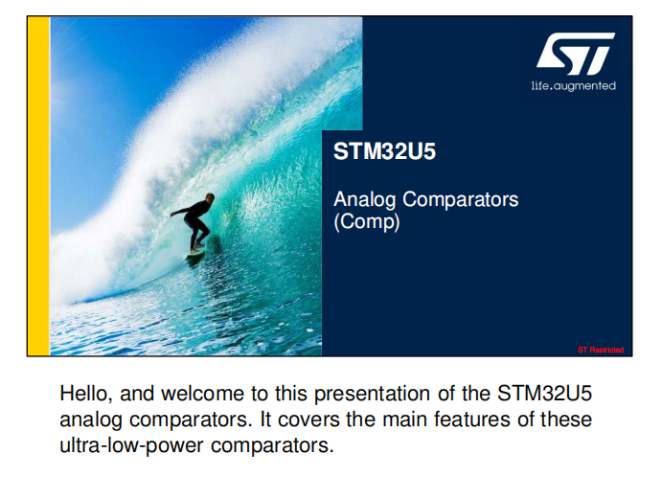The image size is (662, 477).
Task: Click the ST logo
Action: [576, 54]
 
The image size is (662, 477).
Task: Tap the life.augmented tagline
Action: [573, 86]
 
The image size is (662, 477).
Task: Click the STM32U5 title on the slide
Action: [384, 151]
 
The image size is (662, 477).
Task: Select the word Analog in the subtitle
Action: [364, 200]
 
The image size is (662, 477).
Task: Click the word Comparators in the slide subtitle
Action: [460, 199]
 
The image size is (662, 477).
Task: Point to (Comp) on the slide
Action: [367, 221]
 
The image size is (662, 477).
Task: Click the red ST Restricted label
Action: [601, 350]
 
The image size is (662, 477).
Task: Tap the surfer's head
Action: [210, 197]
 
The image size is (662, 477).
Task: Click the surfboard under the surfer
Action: [195, 253]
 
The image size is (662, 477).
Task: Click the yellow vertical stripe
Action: [38, 186]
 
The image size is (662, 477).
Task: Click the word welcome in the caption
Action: [203, 394]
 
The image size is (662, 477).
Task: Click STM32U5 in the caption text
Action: [544, 394]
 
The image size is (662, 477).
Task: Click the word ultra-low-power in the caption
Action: [131, 446]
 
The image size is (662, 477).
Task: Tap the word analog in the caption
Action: [91, 420]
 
